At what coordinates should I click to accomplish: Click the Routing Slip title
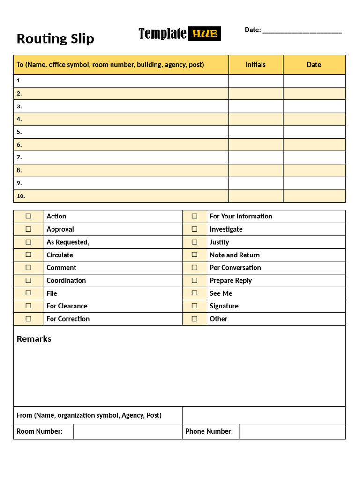(55, 38)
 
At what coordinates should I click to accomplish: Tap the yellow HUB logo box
(204, 34)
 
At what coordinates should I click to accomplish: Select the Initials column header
(255, 65)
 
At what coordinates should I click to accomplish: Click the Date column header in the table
(314, 65)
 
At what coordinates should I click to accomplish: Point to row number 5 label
(19, 132)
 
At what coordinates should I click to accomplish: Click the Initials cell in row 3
(255, 106)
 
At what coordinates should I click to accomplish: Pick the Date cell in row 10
(314, 196)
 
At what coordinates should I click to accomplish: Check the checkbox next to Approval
(29, 229)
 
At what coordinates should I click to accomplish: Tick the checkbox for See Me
(195, 293)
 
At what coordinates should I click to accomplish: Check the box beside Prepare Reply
(195, 280)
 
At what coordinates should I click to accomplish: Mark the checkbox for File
(29, 293)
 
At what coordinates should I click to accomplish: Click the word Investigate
(226, 229)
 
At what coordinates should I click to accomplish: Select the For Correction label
(68, 319)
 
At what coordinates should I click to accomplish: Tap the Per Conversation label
(235, 268)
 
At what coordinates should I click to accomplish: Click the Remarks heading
(34, 339)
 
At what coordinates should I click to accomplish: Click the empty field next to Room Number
(127, 431)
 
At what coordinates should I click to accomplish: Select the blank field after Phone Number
(292, 431)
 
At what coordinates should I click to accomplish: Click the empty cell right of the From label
(263, 415)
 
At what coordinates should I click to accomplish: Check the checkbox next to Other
(195, 319)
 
